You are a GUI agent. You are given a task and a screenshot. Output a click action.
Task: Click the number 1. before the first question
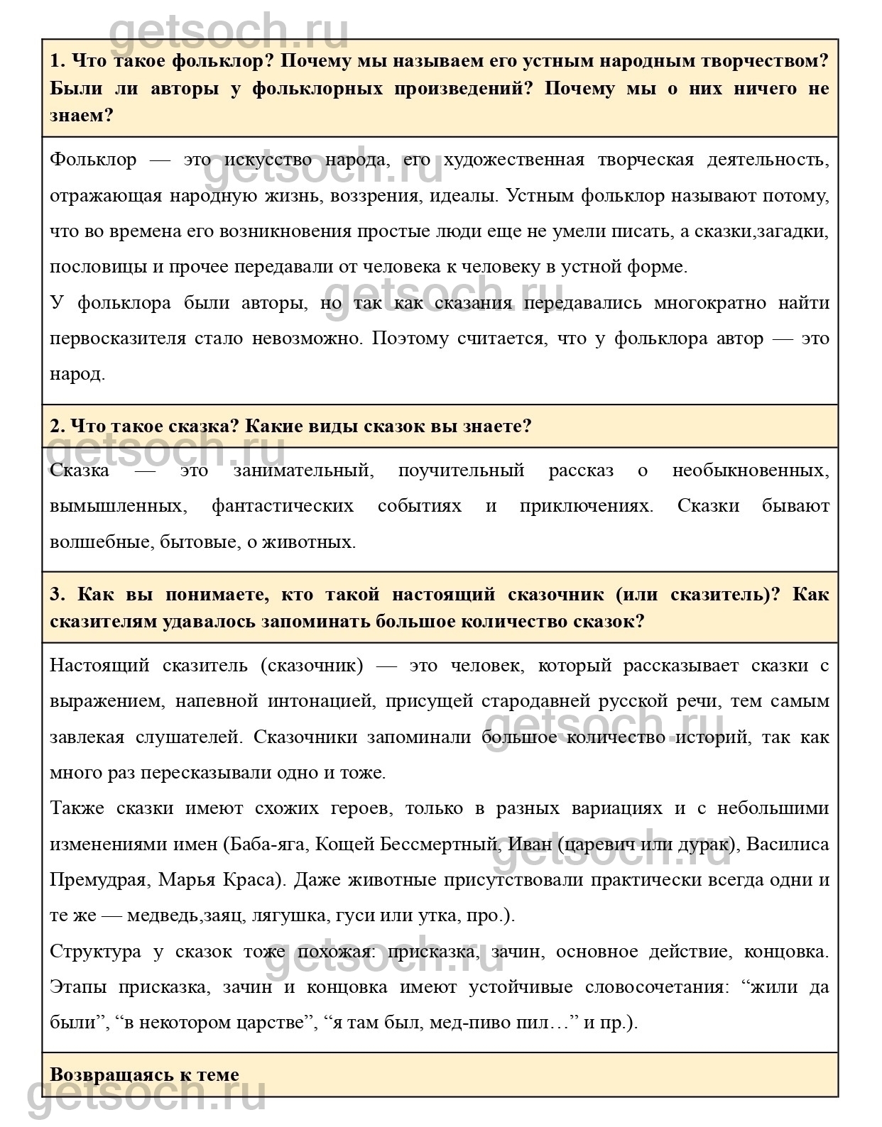pyautogui.click(x=58, y=61)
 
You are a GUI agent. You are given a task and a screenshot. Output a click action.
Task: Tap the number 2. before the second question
pyautogui.click(x=58, y=427)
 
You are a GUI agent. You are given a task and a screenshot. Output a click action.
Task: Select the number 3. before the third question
pyautogui.click(x=58, y=594)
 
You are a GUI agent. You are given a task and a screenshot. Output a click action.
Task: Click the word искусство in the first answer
pyautogui.click(x=267, y=160)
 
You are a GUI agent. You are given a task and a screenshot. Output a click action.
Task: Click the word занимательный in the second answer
pyautogui.click(x=302, y=471)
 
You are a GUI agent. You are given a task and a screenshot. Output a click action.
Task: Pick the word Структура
pyautogui.click(x=95, y=952)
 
